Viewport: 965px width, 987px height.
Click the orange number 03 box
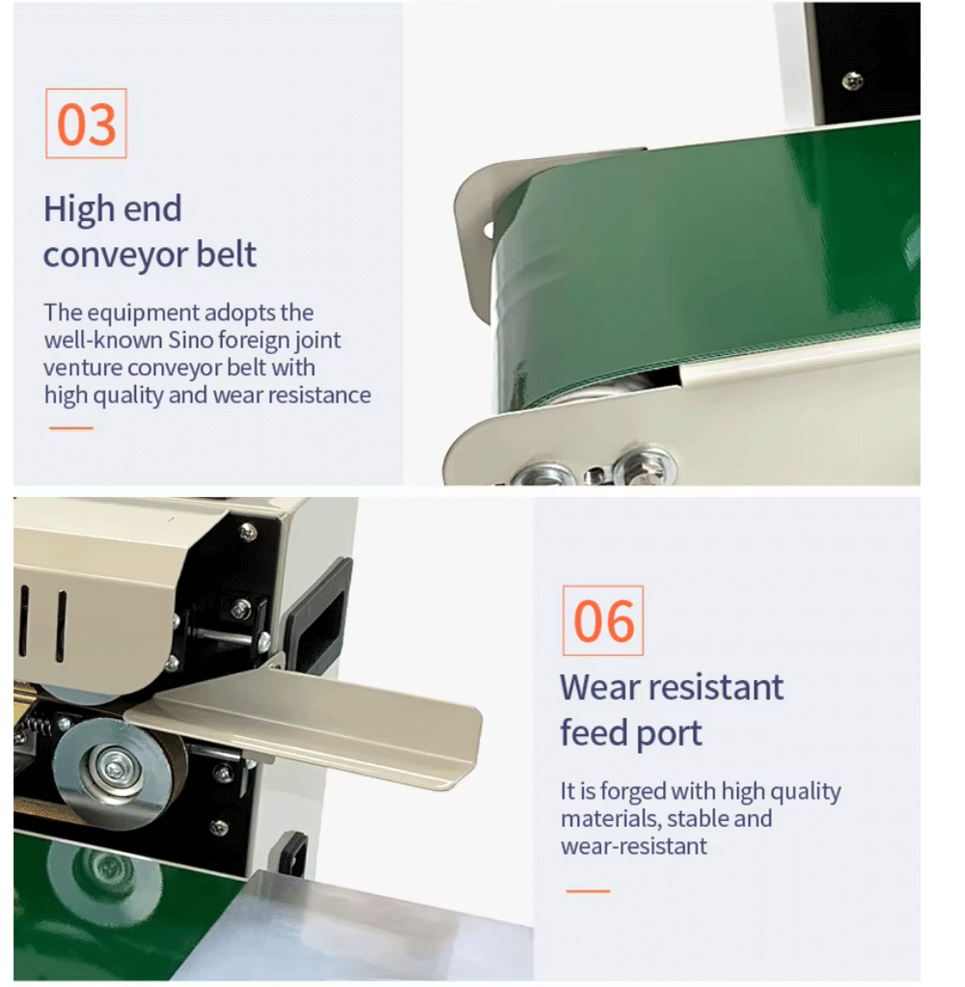point(86,123)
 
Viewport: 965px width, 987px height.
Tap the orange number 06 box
point(603,620)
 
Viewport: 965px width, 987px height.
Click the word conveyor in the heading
point(116,255)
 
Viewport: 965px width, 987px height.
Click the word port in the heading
point(669,734)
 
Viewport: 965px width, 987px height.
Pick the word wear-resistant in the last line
point(634,847)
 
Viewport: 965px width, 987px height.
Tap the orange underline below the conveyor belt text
point(71,428)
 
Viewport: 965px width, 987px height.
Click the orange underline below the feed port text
point(588,891)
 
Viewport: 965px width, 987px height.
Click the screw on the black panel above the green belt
point(853,80)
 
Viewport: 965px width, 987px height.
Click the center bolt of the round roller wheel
point(115,768)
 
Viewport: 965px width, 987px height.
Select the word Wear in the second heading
point(600,687)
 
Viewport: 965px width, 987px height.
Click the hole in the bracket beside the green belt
point(489,230)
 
